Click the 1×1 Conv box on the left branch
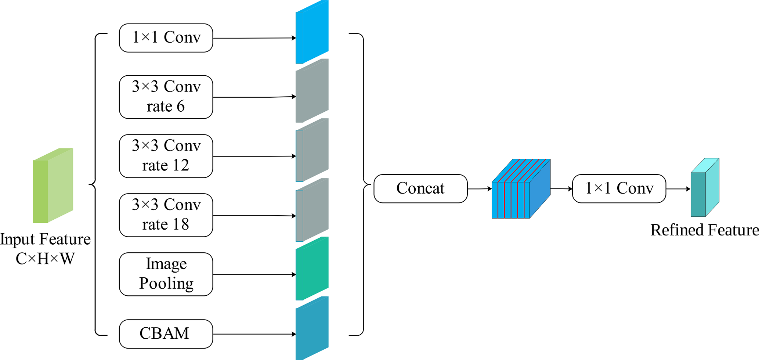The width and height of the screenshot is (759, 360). coord(166,38)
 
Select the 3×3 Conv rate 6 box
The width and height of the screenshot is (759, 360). coord(166,97)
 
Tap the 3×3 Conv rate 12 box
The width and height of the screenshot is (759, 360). coord(166,156)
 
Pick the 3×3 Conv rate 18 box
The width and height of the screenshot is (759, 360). coord(166,215)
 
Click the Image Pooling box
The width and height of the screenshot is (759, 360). coord(166,274)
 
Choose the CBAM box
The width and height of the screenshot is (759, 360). coord(166,334)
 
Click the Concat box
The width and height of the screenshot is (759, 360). coord(420,188)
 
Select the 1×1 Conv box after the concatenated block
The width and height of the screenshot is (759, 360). coord(619,188)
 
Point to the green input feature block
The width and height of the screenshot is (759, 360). coord(53,186)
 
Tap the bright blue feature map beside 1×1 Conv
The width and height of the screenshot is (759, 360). coord(312,32)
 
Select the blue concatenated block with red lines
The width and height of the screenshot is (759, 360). coord(521,189)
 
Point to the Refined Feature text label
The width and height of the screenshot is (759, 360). coord(704,230)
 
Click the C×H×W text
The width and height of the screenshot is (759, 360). coord(45,259)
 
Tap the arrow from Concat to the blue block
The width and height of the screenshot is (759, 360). coord(480,189)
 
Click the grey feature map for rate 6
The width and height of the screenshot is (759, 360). coord(312,91)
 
